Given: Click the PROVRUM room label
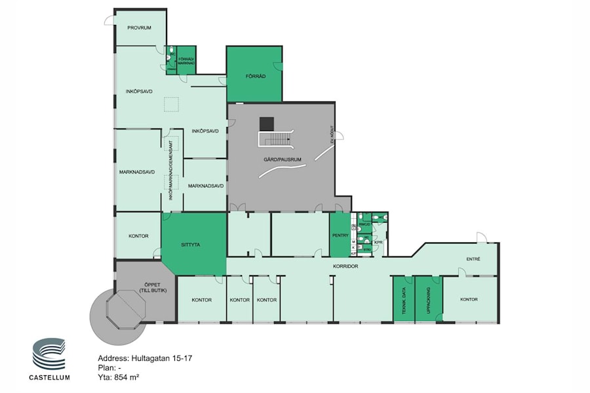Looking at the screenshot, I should click(140, 28).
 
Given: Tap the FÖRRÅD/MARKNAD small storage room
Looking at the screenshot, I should click(187, 60).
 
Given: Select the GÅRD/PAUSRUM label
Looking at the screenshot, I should click(281, 159).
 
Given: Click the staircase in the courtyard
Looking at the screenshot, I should click(275, 139).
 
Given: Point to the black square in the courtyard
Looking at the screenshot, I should click(266, 123).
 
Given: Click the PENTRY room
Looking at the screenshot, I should click(340, 234).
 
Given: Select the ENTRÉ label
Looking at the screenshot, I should click(473, 259).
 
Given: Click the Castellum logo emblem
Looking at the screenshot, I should click(49, 354).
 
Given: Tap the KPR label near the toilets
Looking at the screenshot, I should click(378, 242).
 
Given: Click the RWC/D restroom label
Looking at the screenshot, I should click(365, 225).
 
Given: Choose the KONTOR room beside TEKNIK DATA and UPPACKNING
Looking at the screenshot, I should click(469, 299).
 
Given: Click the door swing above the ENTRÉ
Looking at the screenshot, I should click(481, 236).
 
